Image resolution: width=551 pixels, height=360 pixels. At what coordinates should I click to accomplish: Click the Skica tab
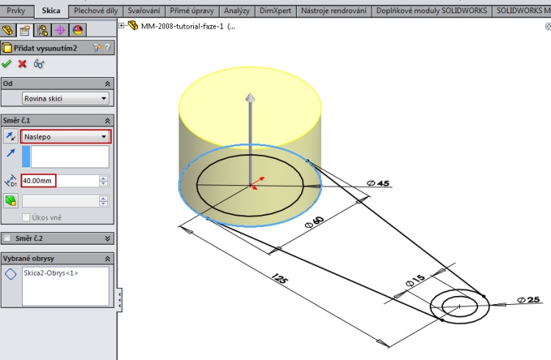click(x=51, y=11)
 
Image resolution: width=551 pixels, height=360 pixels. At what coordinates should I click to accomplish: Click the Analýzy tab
click(x=237, y=11)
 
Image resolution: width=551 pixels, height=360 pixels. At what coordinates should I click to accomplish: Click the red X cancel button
click(x=22, y=64)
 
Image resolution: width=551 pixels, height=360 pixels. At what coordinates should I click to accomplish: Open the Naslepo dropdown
click(x=65, y=137)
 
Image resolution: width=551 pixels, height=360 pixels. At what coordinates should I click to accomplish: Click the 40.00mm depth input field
click(x=39, y=180)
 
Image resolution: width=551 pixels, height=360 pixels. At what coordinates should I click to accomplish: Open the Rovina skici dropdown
click(x=65, y=98)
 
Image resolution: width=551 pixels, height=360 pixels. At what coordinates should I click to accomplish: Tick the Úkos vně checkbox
click(x=27, y=217)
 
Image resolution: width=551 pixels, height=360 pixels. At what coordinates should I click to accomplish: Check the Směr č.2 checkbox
click(x=7, y=238)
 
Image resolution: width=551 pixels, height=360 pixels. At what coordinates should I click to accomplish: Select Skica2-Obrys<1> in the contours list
click(x=51, y=273)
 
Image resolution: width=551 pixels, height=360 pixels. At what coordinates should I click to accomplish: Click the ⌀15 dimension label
click(x=415, y=279)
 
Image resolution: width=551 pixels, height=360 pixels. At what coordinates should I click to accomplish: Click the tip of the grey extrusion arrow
click(x=251, y=98)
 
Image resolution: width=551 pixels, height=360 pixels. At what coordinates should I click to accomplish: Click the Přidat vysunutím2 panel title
click(x=46, y=48)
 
